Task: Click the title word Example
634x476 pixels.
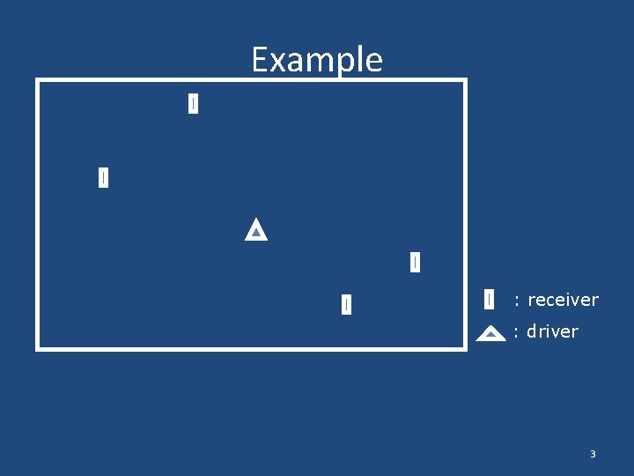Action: pyautogui.click(x=317, y=60)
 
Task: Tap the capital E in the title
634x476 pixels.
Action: pyautogui.click(x=260, y=60)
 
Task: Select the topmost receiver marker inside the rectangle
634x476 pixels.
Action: pyautogui.click(x=193, y=104)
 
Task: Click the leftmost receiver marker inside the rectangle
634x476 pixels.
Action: pyautogui.click(x=103, y=177)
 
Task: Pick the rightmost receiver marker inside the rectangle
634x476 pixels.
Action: pyautogui.click(x=415, y=262)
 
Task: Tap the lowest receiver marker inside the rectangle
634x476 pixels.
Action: pyautogui.click(x=346, y=304)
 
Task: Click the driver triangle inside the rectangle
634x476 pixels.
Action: pyautogui.click(x=255, y=230)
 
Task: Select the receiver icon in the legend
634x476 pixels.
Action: pyautogui.click(x=489, y=300)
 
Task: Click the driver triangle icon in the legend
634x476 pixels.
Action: pyautogui.click(x=490, y=333)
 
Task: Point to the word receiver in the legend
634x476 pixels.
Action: pyautogui.click(x=563, y=300)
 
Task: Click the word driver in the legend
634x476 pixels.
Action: pyautogui.click(x=552, y=331)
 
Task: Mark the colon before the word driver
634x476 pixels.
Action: pyautogui.click(x=516, y=332)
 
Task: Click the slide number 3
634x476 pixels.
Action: pyautogui.click(x=593, y=454)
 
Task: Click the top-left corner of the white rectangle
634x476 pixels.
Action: pyautogui.click(x=38, y=81)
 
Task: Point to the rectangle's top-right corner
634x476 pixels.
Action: pyautogui.click(x=464, y=81)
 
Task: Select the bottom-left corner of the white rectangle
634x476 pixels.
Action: pyautogui.click(x=38, y=348)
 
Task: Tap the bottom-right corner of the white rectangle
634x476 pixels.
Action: pyautogui.click(x=464, y=348)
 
